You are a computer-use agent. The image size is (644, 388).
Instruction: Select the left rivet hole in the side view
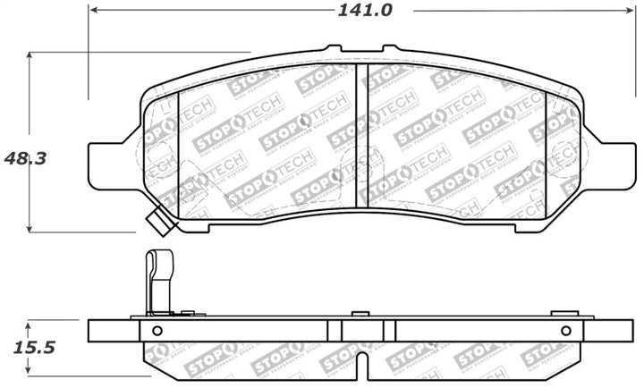coord(157,331)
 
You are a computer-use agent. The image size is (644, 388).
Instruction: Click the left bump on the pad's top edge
coord(332,49)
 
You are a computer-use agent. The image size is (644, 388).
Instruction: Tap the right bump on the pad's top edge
coord(391,49)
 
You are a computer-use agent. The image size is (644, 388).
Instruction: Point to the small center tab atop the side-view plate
coord(359,314)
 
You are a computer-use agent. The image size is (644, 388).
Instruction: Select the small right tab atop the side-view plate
coord(562,314)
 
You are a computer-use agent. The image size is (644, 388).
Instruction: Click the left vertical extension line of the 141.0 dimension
coord(88,54)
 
